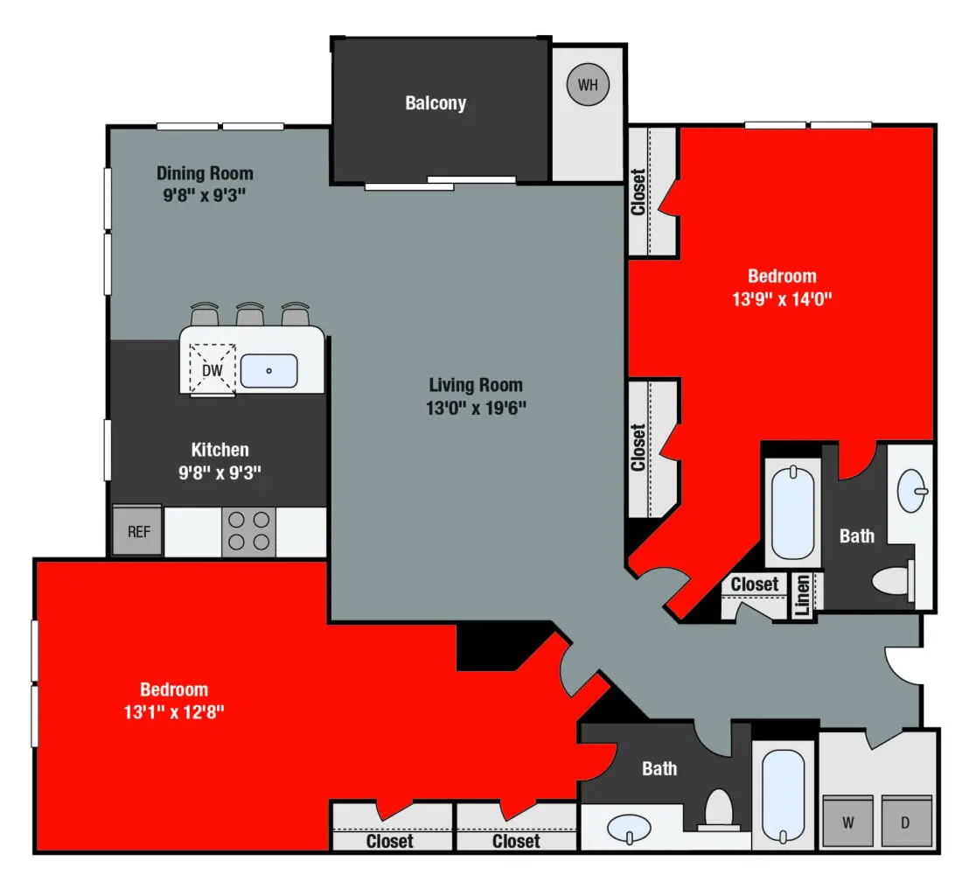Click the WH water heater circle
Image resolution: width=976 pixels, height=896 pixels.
click(x=588, y=85)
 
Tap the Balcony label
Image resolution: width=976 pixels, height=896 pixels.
click(x=436, y=103)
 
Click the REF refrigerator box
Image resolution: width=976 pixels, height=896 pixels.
click(x=138, y=531)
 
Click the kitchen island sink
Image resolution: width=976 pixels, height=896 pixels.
click(x=268, y=370)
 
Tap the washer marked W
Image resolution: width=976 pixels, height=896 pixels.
click(x=848, y=822)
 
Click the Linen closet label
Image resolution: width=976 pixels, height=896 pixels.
click(x=803, y=596)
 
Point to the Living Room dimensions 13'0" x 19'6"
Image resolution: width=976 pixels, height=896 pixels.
click(x=477, y=407)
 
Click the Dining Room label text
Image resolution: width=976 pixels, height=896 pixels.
click(x=205, y=173)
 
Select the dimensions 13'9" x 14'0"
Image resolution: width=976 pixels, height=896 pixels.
click(x=782, y=298)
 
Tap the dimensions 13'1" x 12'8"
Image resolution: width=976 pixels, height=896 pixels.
click(x=175, y=711)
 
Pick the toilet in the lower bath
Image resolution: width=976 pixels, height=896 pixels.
click(x=719, y=809)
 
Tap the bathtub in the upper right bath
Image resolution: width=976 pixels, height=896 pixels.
click(x=792, y=514)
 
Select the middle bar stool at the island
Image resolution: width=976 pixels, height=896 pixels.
click(x=250, y=313)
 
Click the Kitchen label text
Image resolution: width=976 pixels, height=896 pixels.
click(x=220, y=450)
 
